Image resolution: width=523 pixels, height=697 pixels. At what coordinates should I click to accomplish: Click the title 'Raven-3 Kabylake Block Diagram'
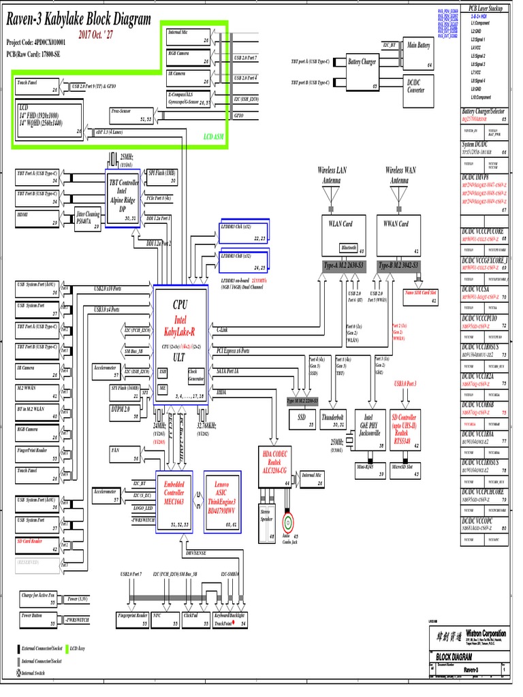[x=78, y=20]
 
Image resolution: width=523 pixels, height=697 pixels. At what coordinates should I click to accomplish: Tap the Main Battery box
[x=419, y=53]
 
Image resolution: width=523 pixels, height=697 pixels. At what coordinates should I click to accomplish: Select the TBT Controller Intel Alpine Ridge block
[x=123, y=195]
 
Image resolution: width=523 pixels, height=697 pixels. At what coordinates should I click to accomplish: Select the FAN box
[x=125, y=455]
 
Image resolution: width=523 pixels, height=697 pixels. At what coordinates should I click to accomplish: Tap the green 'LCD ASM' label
[x=213, y=136]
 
